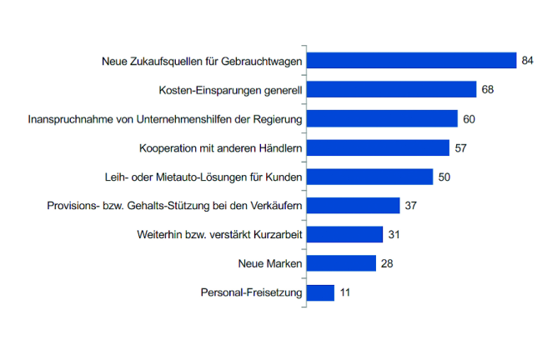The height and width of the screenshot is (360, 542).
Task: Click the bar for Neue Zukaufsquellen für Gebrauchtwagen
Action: [x=412, y=61]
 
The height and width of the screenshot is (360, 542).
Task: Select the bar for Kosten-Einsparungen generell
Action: [x=391, y=90]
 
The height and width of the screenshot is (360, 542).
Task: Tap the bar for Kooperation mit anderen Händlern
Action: [x=378, y=148]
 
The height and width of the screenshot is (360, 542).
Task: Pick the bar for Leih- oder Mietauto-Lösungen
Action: [x=369, y=177]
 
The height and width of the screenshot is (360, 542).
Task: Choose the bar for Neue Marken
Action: [x=341, y=263]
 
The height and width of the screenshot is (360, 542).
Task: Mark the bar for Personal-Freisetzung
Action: [x=320, y=292]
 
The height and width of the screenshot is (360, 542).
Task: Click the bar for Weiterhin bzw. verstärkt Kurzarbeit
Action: [x=344, y=235]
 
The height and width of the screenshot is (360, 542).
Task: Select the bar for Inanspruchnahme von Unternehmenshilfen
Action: [x=382, y=119]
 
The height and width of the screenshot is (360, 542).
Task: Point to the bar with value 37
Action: [x=353, y=206]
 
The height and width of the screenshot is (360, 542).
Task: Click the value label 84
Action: [x=527, y=61]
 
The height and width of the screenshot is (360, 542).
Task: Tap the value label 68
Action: [x=487, y=90]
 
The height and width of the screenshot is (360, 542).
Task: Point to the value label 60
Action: [x=469, y=119]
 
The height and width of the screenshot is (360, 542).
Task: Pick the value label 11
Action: [x=345, y=292]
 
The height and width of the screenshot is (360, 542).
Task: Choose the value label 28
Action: [x=387, y=263]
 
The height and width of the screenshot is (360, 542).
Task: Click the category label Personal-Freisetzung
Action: [x=252, y=292]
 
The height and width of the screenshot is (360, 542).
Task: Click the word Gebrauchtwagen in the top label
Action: [x=263, y=61]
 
